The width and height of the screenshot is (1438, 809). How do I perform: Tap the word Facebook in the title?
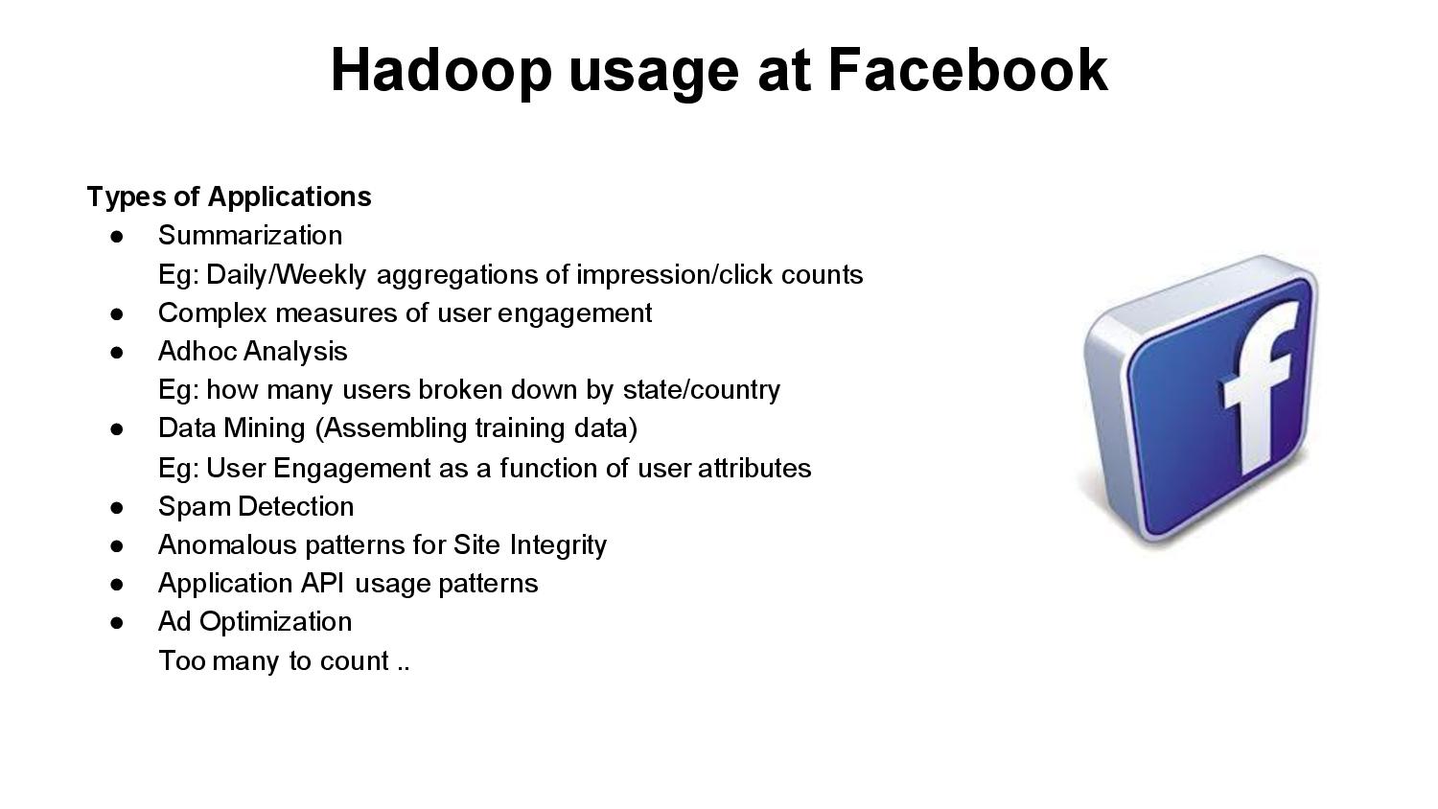click(x=967, y=70)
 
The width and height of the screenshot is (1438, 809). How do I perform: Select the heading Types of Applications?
click(x=229, y=196)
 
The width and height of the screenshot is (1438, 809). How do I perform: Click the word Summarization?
click(x=250, y=236)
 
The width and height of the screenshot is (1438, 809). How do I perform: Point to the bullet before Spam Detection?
click(x=117, y=506)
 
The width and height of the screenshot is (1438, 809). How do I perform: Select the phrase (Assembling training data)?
click(x=475, y=428)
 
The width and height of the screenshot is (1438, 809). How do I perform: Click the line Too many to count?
click(x=284, y=661)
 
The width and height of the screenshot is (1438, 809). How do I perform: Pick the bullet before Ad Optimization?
click(x=117, y=622)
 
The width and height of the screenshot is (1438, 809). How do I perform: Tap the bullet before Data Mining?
click(x=117, y=428)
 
